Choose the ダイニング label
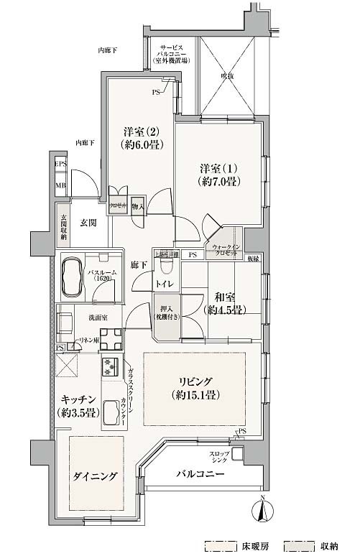[94, 476]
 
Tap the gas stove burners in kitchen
[111, 367]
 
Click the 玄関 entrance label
[88, 223]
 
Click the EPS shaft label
[61, 165]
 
